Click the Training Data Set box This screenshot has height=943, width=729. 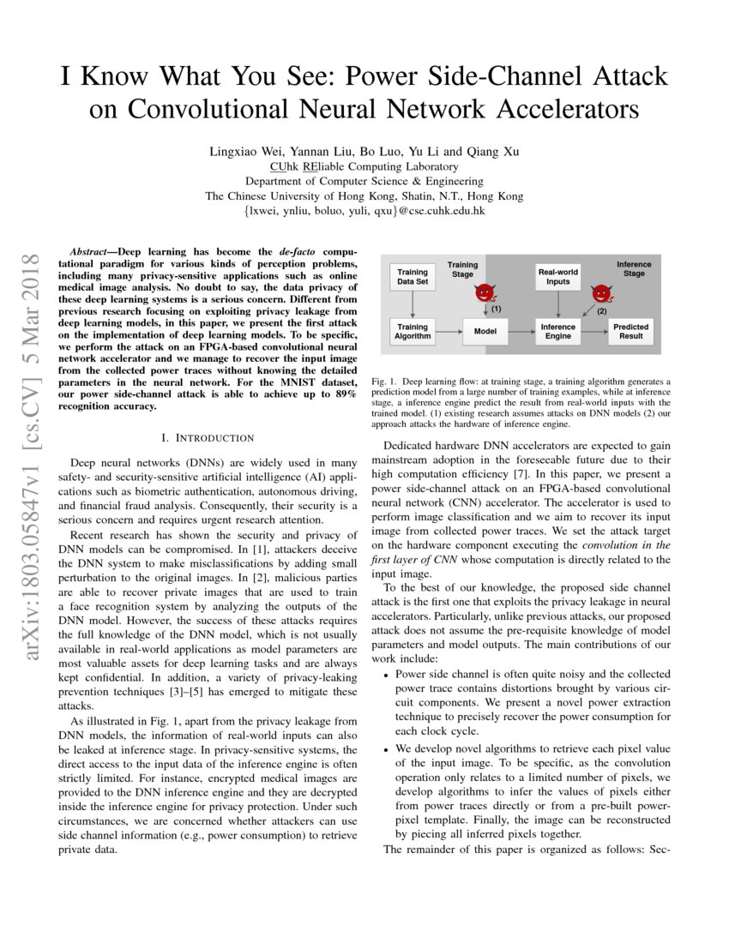tap(413, 276)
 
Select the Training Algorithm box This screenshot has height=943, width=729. tap(413, 332)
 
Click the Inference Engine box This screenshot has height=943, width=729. tap(557, 332)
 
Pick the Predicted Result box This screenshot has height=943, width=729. tap(631, 332)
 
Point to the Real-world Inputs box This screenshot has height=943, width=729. tap(557, 276)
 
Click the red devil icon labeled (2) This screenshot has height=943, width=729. tap(602, 295)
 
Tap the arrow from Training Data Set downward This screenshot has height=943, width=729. tap(413, 303)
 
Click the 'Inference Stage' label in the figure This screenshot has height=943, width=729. tap(634, 269)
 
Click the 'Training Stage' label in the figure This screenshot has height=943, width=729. tap(463, 270)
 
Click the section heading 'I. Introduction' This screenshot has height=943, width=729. tap(202, 437)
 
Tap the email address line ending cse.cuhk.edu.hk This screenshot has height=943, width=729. tap(364, 210)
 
